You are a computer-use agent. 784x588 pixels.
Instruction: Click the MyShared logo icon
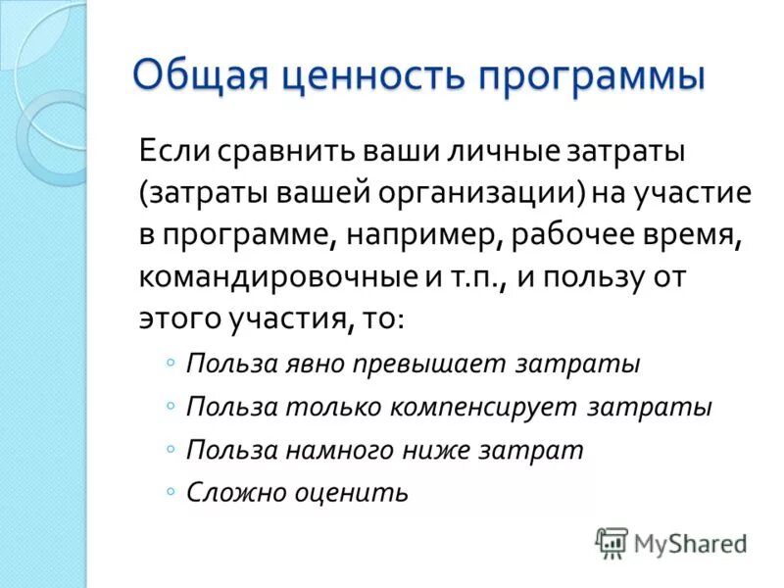(612, 542)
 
